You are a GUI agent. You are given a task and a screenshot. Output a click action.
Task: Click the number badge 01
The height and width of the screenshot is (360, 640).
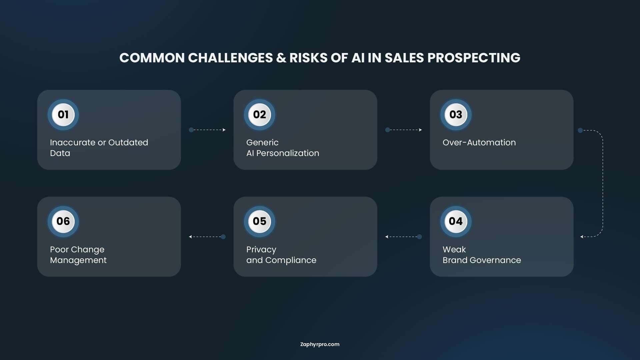tap(63, 115)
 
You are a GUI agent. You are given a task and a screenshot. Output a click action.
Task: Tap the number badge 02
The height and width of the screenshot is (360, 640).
tap(260, 115)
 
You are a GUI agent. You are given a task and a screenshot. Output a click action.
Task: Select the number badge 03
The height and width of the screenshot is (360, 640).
tap(456, 115)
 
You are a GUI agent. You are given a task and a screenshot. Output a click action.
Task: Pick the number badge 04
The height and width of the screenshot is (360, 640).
tap(456, 221)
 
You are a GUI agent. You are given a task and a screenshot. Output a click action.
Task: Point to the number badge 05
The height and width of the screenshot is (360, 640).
tap(260, 221)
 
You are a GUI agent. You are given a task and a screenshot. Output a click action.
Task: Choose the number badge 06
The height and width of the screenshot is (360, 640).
tap(63, 221)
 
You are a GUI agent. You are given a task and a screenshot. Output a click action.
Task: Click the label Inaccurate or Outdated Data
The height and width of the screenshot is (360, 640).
tap(99, 148)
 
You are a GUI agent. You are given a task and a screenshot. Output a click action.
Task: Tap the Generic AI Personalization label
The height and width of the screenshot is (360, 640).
tap(283, 148)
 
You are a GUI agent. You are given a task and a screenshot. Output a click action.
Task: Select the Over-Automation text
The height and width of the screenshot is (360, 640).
tap(479, 143)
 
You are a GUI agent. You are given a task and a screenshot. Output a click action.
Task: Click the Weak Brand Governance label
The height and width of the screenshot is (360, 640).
tap(482, 255)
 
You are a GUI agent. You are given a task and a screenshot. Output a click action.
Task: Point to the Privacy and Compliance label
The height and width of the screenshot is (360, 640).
tap(281, 255)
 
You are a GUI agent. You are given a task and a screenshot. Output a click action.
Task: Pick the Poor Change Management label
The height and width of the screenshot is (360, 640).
tap(78, 255)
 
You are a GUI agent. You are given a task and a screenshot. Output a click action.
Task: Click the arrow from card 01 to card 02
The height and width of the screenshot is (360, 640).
tap(207, 130)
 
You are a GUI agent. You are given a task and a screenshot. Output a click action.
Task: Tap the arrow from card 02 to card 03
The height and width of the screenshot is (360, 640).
tap(404, 130)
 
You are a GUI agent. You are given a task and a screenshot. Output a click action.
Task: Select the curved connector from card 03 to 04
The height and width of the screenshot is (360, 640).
tap(603, 183)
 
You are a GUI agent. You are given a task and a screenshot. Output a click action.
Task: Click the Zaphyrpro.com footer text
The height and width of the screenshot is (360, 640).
tap(320, 345)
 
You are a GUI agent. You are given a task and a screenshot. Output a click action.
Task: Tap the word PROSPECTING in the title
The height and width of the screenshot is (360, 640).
tap(474, 58)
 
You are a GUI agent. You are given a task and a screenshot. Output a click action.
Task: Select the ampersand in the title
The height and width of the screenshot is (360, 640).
tap(281, 58)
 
